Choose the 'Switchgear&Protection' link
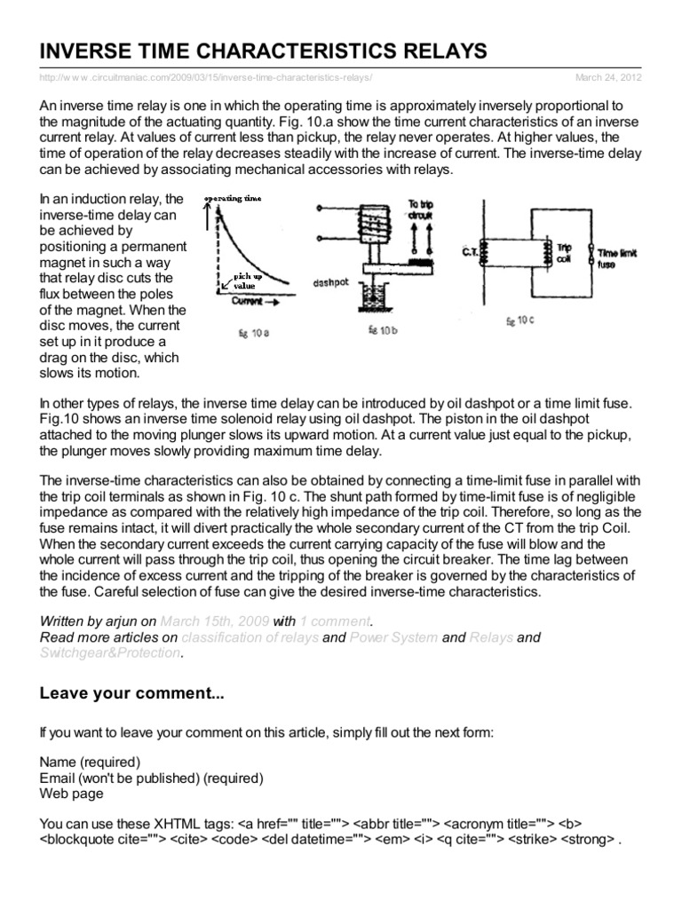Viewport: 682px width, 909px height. (x=110, y=653)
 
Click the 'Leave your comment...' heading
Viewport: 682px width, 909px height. (x=132, y=695)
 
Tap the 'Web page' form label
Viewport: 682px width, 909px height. (x=71, y=794)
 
